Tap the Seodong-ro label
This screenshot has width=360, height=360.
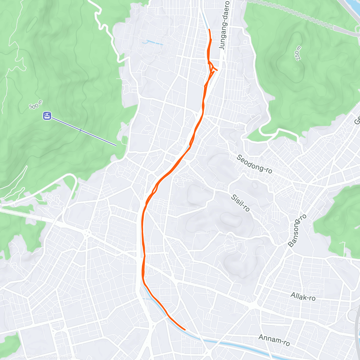coord(254,164)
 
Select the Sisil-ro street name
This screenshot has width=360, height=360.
coord(241,203)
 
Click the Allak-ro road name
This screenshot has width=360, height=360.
coord(303,297)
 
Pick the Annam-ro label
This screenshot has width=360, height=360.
coord(274,340)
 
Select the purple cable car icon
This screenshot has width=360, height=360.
coord(47,115)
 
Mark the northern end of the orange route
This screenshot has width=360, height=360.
coord(209,29)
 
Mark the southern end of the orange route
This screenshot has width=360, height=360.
coord(185,329)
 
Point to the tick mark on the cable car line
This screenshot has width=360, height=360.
coord(80,130)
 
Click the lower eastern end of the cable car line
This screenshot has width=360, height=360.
coord(116,146)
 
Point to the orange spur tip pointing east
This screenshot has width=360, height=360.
coord(217,70)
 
